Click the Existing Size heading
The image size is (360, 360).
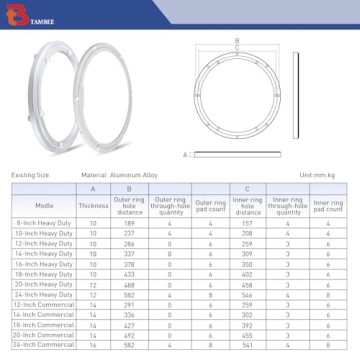(x=30, y=175)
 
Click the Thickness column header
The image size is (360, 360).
(x=93, y=206)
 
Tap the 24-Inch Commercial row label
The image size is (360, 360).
(x=44, y=345)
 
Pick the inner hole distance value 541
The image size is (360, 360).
(x=247, y=345)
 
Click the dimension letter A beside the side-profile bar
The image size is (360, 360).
(x=186, y=155)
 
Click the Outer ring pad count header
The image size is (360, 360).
(x=210, y=206)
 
